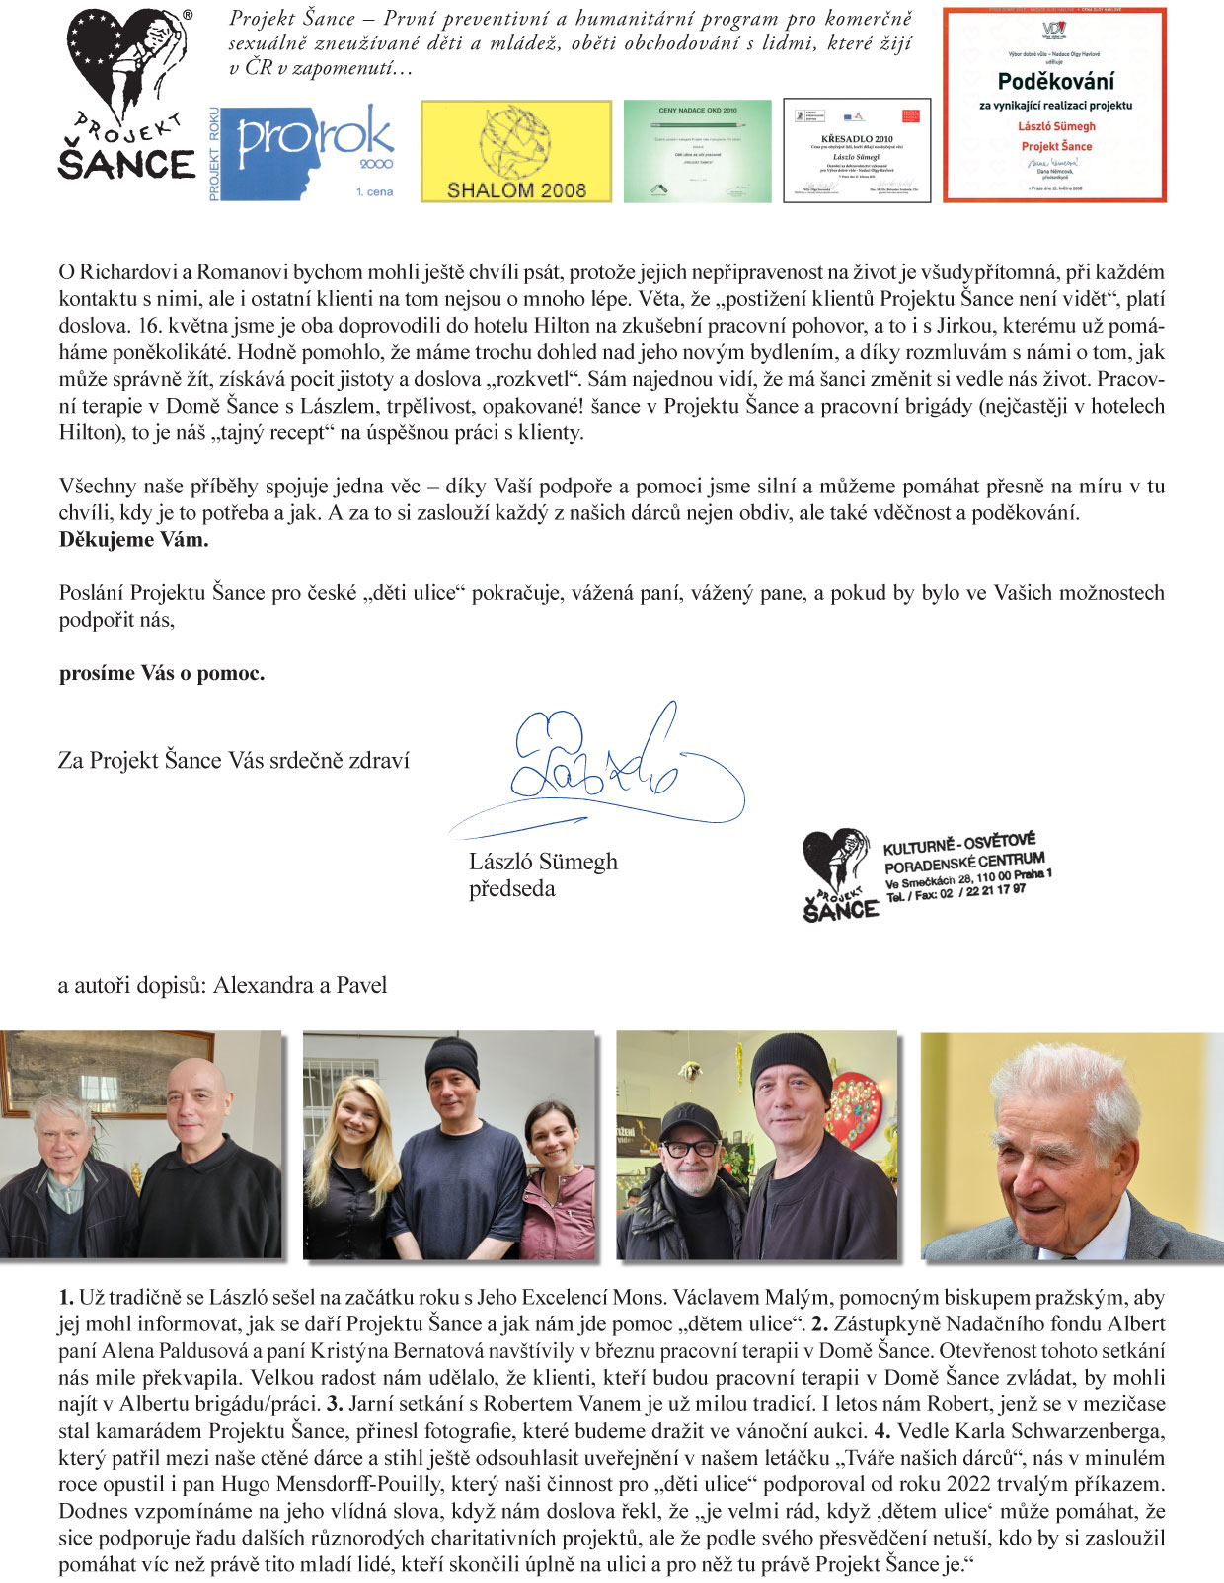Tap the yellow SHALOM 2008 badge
point(515,151)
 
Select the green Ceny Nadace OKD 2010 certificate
point(697,151)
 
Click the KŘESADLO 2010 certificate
point(856,150)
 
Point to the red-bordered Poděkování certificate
point(1054,106)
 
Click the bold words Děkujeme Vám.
point(133,540)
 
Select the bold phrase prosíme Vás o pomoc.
point(162,674)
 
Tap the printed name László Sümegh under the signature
point(543,862)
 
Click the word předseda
point(511,889)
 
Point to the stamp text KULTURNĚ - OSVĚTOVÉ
point(958,843)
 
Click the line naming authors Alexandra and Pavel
point(222,985)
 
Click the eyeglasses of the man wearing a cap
point(690,1149)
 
